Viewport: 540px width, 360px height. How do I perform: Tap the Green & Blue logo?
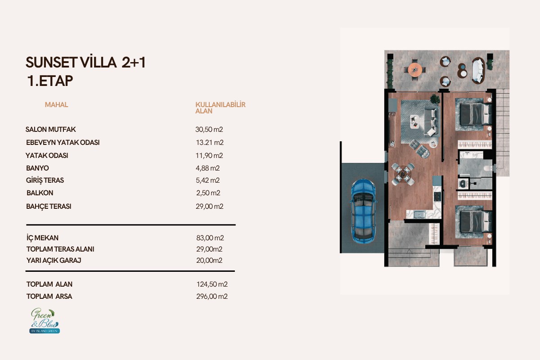tap(45, 321)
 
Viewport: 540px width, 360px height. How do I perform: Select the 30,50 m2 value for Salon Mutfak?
tap(209, 130)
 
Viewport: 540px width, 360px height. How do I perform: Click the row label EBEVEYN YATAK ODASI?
tap(63, 143)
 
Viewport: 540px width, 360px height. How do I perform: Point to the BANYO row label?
tap(37, 168)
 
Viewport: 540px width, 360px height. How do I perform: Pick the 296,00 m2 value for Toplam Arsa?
tap(212, 297)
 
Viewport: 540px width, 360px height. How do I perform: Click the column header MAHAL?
tap(56, 105)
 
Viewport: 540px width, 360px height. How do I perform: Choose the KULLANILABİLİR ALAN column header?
tap(220, 108)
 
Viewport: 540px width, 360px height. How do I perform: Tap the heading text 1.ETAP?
tap(50, 81)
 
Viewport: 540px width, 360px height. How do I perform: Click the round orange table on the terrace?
tap(415, 70)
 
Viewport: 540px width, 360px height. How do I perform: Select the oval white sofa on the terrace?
tap(478, 71)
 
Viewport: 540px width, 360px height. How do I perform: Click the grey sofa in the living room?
tap(432, 121)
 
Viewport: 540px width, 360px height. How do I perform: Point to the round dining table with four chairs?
tap(403, 174)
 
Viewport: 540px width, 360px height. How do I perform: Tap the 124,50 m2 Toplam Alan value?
tap(212, 284)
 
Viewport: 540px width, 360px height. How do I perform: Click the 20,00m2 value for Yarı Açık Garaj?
tap(209, 261)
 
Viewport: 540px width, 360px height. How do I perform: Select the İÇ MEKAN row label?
tap(42, 238)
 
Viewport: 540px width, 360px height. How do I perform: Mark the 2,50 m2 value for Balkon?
tap(208, 193)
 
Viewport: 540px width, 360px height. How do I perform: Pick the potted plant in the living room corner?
tap(435, 99)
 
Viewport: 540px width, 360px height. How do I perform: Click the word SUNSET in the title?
tap(51, 63)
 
